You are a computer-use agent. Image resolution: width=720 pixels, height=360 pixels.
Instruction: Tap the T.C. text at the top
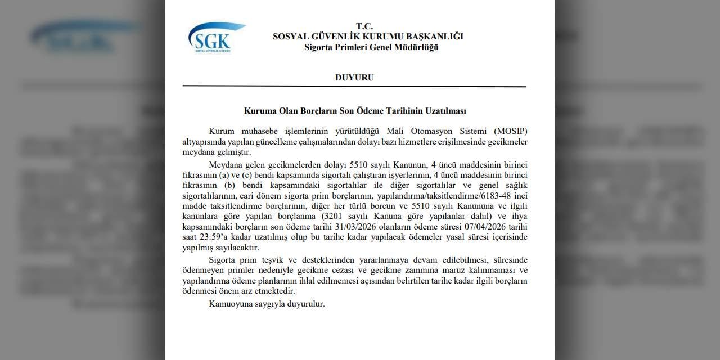pos(364,26)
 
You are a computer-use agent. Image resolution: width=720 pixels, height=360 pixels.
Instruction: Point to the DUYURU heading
pos(354,78)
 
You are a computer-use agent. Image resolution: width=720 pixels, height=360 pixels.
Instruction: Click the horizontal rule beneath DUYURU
pos(354,87)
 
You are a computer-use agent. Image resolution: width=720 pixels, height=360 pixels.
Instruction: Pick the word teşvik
pos(283,259)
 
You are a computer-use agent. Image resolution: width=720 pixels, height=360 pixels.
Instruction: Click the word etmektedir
pos(273,291)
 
